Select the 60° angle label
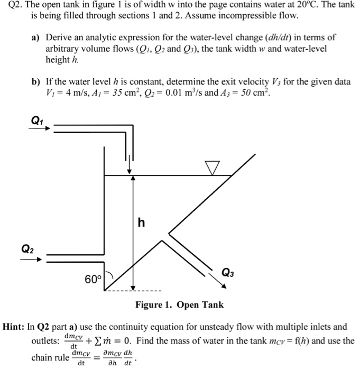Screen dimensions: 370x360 pyautogui.click(x=94, y=278)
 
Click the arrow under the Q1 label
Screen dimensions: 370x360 pyautogui.click(x=39, y=128)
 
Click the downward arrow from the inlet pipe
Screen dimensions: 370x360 pyautogui.click(x=128, y=164)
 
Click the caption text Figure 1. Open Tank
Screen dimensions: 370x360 pyautogui.click(x=179, y=304)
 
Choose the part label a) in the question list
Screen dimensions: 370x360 pyautogui.click(x=35, y=39)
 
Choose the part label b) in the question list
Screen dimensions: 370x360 pyautogui.click(x=36, y=83)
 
